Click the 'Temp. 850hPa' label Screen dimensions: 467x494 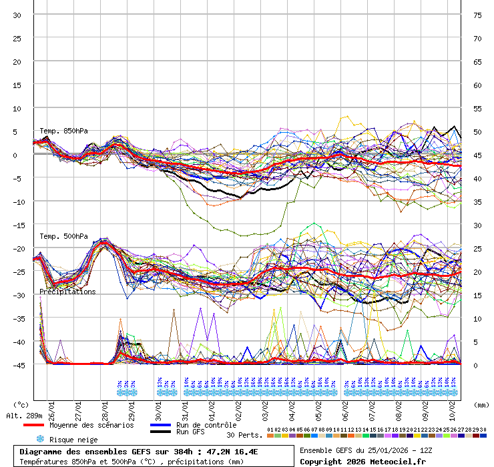(63, 131)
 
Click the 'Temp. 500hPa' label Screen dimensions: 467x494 (63, 236)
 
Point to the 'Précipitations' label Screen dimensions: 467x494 (67, 292)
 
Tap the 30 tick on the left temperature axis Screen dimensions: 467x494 (17, 15)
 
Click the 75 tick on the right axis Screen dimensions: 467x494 (477, 15)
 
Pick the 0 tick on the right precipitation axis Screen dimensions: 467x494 (476, 365)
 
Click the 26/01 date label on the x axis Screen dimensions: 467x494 (51, 405)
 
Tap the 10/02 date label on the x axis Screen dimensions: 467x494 (452, 405)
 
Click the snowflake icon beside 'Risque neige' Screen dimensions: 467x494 (40, 439)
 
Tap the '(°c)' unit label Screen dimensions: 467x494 (21, 404)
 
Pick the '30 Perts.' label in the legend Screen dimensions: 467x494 (244, 435)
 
